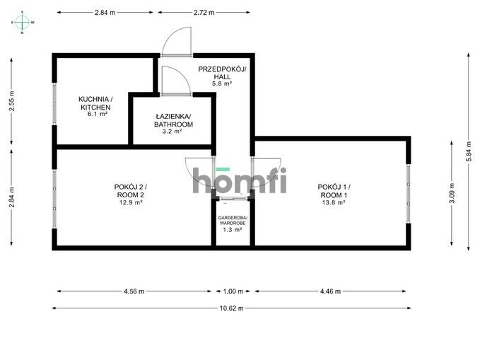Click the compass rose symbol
[x=23, y=23]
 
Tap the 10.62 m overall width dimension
[x=231, y=308]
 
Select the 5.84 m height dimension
[x=469, y=152]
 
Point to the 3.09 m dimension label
[x=452, y=193]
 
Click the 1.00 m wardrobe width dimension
[x=233, y=291]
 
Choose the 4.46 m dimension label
[x=330, y=291]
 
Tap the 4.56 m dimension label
[x=134, y=291]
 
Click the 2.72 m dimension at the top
[x=204, y=13]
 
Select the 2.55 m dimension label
[x=11, y=101]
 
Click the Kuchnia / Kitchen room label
[x=95, y=103]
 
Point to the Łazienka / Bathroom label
[x=173, y=120]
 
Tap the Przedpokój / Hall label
[x=222, y=73]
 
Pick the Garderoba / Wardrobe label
[x=233, y=220]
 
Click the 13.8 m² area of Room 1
[x=334, y=202]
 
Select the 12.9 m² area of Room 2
[x=131, y=202]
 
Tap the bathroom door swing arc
[x=177, y=80]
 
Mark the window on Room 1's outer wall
[x=409, y=194]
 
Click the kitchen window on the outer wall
[x=54, y=104]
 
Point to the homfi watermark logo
[x=240, y=180]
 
